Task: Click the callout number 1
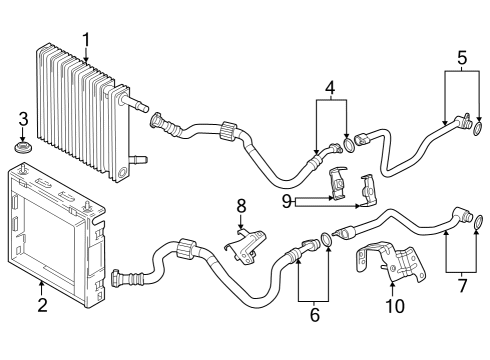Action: [x=86, y=40]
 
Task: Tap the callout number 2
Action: [x=43, y=305]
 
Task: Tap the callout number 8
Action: [x=240, y=207]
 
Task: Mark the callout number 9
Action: [x=288, y=201]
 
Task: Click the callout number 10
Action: [x=395, y=305]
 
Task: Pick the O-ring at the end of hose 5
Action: [x=479, y=128]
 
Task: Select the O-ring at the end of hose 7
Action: [x=478, y=220]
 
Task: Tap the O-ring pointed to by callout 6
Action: [x=326, y=242]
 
